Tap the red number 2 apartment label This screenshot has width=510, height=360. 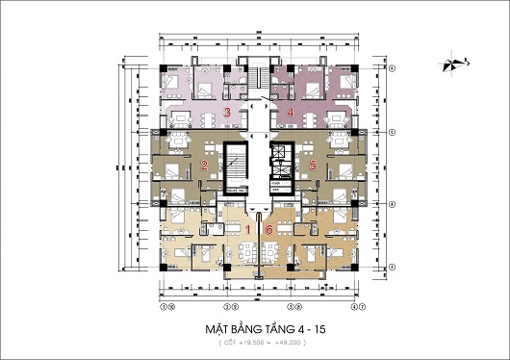pyautogui.click(x=204, y=167)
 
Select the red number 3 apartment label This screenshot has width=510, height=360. pyautogui.click(x=227, y=113)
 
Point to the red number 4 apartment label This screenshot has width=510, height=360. pyautogui.click(x=291, y=113)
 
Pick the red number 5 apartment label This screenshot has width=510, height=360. pyautogui.click(x=313, y=166)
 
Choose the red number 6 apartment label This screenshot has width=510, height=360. pyautogui.click(x=270, y=230)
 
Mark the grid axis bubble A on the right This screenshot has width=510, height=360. pyautogui.click(x=393, y=267)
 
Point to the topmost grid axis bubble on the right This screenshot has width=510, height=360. pyautogui.click(x=393, y=68)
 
